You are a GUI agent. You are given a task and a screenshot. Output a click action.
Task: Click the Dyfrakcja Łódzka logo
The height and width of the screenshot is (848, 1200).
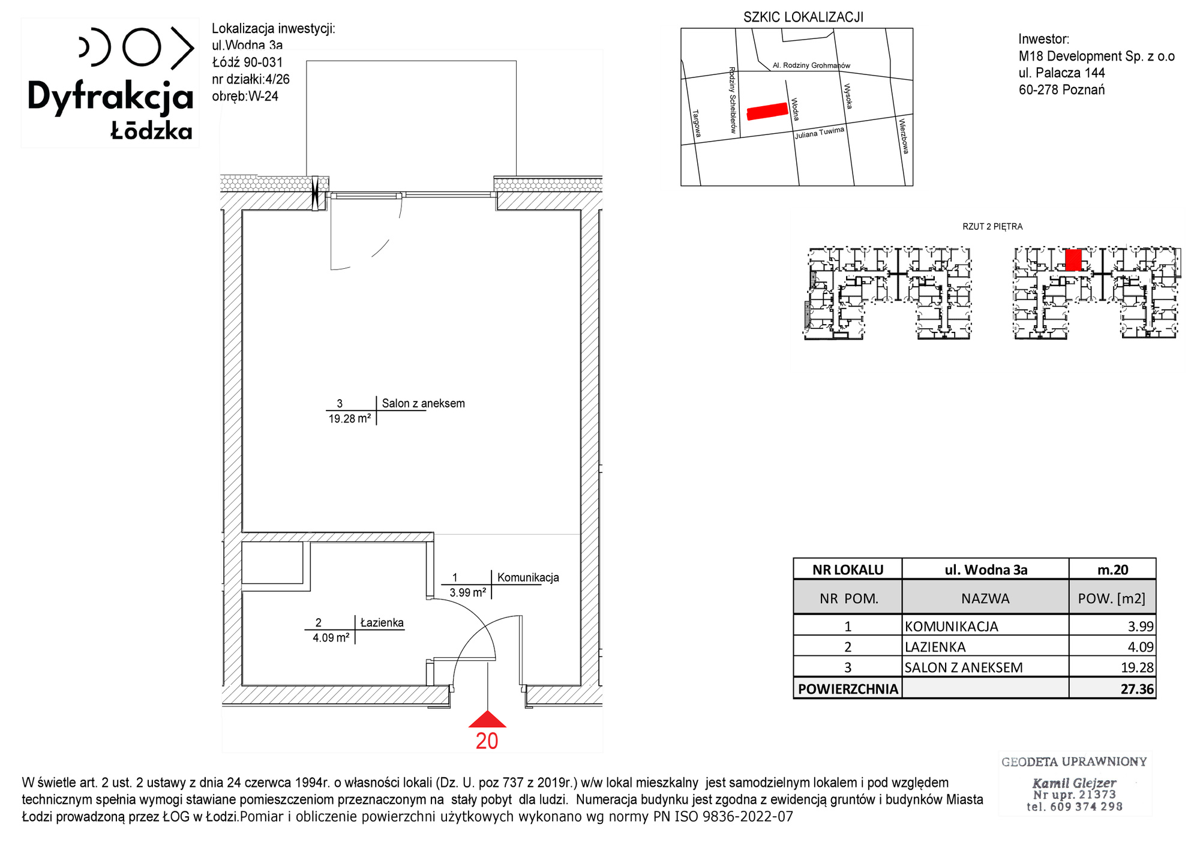tap(111, 83)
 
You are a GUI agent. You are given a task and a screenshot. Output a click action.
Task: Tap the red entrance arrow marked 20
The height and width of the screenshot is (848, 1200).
tap(487, 719)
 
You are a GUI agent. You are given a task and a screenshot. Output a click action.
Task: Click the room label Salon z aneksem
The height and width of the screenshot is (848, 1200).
tap(424, 403)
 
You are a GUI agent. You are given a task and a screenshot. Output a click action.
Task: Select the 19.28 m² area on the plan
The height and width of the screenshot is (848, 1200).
tap(349, 419)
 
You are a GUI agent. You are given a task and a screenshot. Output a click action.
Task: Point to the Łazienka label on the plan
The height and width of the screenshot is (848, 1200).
tap(382, 622)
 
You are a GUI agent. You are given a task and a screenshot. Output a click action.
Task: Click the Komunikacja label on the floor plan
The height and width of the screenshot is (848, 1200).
tap(528, 577)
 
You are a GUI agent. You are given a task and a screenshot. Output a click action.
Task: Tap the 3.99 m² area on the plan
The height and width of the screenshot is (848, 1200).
tap(467, 592)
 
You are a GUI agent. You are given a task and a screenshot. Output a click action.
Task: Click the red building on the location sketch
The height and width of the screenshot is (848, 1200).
tap(767, 111)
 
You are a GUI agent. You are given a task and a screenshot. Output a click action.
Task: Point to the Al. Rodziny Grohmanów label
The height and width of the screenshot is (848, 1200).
tap(811, 65)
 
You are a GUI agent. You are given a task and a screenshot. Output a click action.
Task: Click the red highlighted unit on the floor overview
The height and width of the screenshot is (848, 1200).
tap(1073, 260)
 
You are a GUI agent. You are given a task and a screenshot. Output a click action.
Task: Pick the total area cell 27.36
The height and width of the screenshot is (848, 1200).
tap(1137, 689)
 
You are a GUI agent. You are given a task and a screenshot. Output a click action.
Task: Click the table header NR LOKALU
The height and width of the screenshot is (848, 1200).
tap(848, 570)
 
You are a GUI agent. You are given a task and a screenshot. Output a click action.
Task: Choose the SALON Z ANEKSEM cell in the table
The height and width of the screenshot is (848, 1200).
tap(964, 667)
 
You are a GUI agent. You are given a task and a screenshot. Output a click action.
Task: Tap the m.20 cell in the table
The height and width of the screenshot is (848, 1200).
tap(1113, 570)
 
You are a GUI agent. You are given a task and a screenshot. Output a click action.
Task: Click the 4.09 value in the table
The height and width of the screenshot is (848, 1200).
tap(1141, 647)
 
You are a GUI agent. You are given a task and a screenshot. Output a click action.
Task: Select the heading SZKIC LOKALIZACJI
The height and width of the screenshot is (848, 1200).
tap(803, 17)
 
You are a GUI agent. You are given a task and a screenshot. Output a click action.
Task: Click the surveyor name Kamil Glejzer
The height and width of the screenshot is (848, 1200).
tap(1074, 783)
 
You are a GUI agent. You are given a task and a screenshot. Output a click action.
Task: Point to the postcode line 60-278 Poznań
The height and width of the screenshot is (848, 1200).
tap(1061, 90)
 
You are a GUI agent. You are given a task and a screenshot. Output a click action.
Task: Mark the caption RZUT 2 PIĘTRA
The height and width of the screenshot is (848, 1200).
tap(992, 227)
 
